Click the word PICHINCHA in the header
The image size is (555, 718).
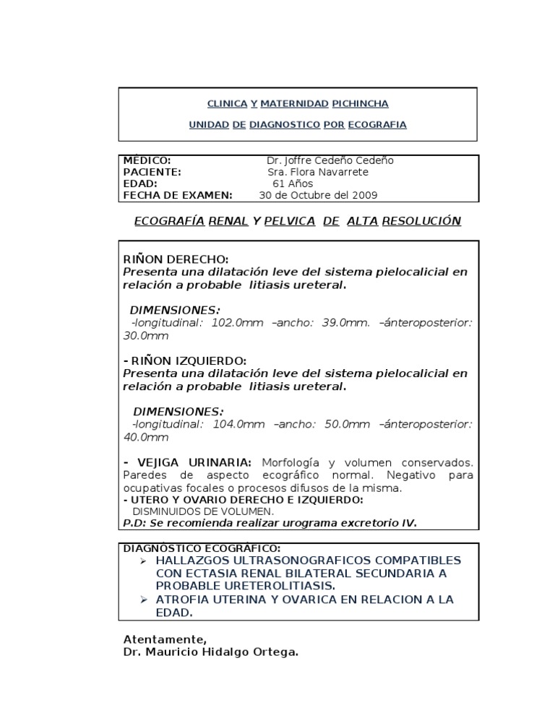coord(360,104)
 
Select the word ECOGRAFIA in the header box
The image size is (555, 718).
coord(377,124)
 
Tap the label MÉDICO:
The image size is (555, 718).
coord(147,160)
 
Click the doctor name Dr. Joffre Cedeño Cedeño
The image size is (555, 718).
coord(330,160)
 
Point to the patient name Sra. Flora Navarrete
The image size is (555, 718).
coord(318,172)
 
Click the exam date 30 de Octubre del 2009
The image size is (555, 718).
coord(318,195)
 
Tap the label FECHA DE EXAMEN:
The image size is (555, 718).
coord(178,195)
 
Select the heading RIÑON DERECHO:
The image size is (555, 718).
coord(176,259)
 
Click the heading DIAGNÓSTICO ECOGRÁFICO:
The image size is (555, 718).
coord(202,548)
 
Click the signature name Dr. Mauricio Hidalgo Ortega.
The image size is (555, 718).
coord(210,652)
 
